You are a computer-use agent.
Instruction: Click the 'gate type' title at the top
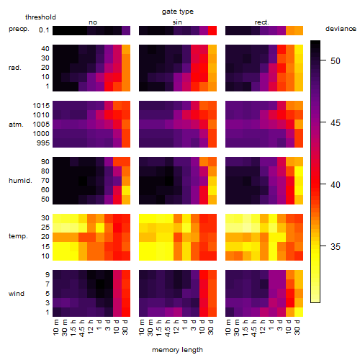178,12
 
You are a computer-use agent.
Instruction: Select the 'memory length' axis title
177,350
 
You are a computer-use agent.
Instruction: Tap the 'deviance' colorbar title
341,29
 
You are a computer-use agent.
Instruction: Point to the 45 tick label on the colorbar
336,123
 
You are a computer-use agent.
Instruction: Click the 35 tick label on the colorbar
336,247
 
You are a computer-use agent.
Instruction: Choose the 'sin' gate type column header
177,22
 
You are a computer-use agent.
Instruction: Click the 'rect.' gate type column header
261,22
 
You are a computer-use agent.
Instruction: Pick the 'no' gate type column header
93,22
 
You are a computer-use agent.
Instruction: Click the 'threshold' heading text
40,17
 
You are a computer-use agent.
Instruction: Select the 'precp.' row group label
19,29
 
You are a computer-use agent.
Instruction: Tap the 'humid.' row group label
20,181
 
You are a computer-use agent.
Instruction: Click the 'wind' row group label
17,294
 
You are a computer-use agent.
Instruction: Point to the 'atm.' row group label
16,125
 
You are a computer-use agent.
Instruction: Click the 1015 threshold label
41,106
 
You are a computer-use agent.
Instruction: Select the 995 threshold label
43,143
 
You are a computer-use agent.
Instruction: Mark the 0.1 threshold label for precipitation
44,30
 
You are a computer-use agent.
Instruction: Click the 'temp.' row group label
18,236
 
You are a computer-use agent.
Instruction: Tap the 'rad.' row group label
15,68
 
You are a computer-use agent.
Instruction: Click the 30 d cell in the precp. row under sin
212,30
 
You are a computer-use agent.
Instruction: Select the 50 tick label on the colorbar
336,61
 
